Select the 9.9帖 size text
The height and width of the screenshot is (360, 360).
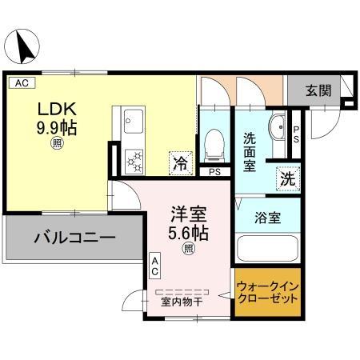click(x=56, y=128)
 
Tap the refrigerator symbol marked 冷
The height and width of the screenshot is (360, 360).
click(x=181, y=162)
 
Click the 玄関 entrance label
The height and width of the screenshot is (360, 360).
click(x=318, y=91)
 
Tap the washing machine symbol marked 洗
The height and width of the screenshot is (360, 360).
click(x=286, y=179)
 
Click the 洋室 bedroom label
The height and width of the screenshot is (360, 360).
click(x=190, y=214)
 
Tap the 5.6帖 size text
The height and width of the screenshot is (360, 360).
click(x=190, y=233)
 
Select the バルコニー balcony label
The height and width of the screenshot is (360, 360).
click(x=74, y=238)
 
